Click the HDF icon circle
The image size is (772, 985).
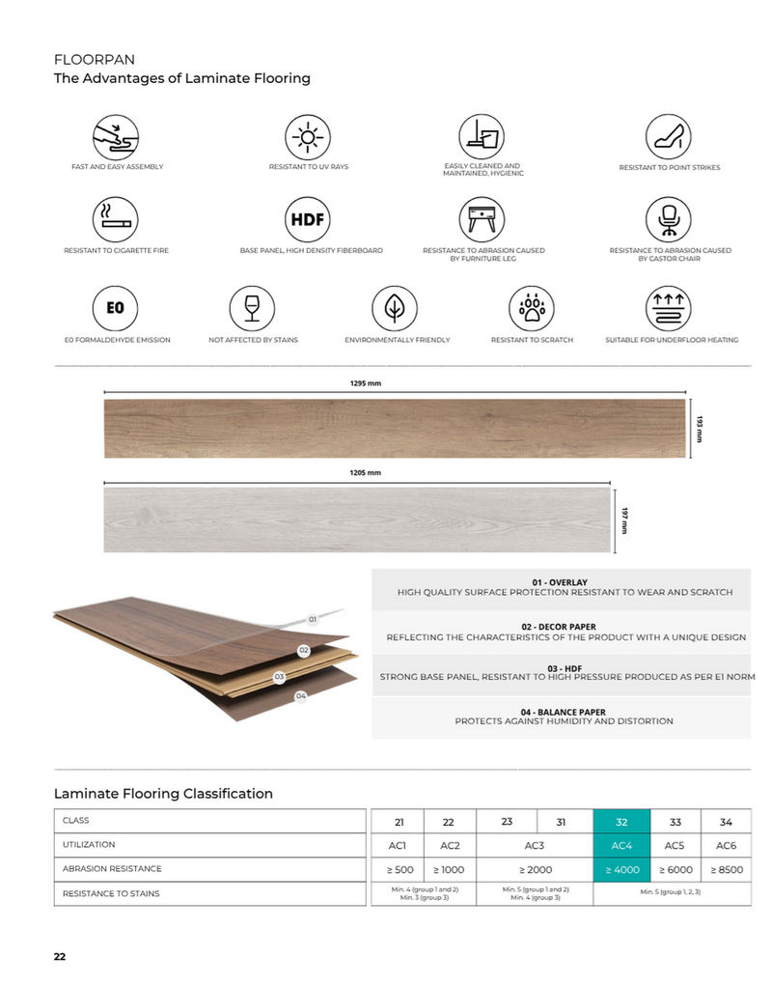(308, 219)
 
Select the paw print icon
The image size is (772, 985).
(532, 308)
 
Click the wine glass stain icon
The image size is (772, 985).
(253, 308)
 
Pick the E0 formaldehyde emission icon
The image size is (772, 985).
(115, 308)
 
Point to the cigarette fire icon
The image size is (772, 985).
(115, 219)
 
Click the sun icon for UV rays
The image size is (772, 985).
(308, 136)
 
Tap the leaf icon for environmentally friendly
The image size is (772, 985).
(394, 308)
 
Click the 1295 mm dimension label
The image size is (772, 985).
(366, 383)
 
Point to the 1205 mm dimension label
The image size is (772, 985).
(366, 472)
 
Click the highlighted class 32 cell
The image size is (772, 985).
(621, 822)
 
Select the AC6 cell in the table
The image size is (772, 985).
(726, 846)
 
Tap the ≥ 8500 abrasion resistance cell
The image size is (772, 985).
(726, 870)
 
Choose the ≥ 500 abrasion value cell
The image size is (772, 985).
(399, 870)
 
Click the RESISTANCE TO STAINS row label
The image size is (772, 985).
(111, 893)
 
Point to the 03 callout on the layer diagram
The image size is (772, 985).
(279, 677)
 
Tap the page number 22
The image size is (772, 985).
(60, 956)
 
